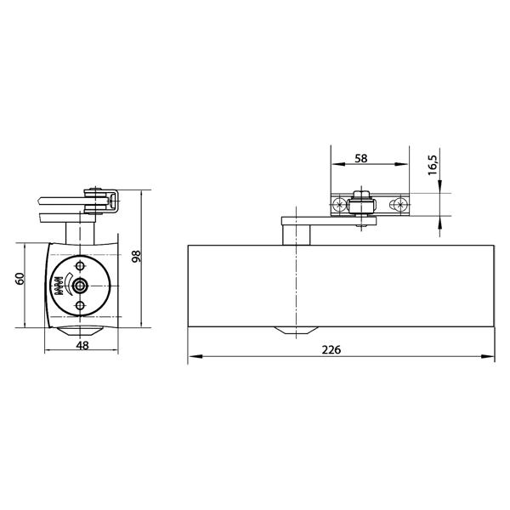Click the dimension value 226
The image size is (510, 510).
(338, 349)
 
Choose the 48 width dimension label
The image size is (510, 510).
(82, 345)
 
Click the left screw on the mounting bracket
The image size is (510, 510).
(341, 205)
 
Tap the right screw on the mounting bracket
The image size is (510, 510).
(397, 205)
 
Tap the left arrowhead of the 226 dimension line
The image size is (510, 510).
(191, 358)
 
